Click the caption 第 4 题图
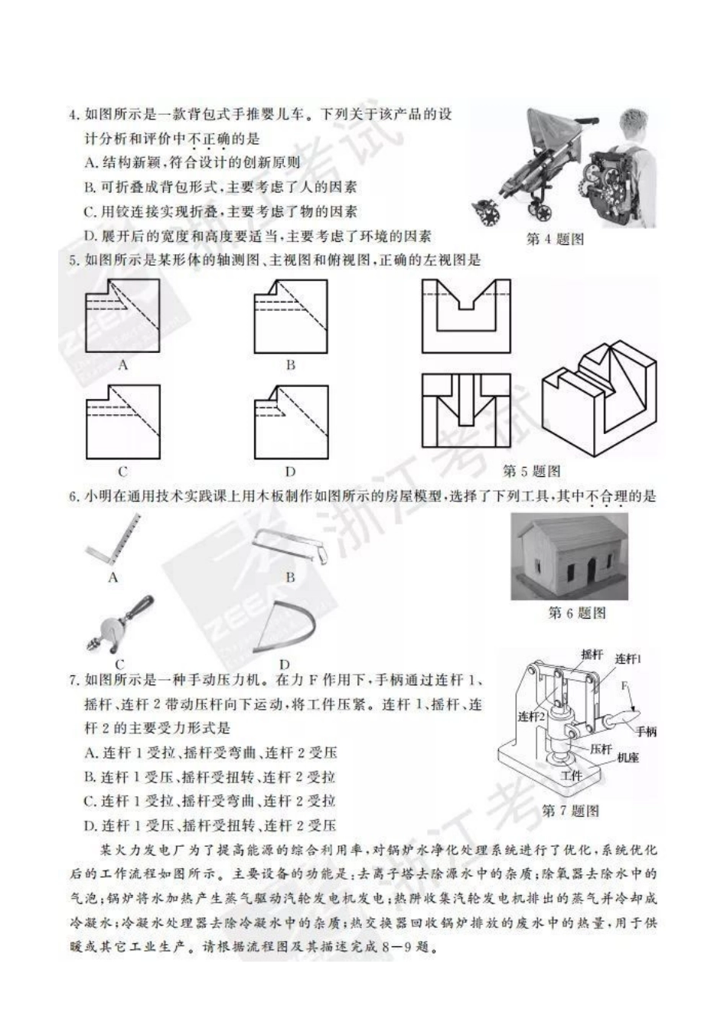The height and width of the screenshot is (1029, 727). pos(556,240)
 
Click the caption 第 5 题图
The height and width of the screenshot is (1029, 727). pos(531,470)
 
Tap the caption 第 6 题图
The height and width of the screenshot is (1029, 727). pos(577,612)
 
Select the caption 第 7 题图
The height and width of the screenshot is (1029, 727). pos(570,811)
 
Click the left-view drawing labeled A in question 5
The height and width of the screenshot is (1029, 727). pos(122,315)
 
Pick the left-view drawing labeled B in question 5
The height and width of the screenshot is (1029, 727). pos(290,315)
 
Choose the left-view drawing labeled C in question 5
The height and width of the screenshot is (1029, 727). pos(122,422)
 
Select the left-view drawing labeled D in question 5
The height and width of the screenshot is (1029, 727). pos(290,422)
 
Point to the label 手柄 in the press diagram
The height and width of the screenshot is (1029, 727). pos(645,732)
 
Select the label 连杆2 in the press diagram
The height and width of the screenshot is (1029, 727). pos(530,717)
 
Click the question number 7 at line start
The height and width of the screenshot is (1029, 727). pos(73,680)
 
